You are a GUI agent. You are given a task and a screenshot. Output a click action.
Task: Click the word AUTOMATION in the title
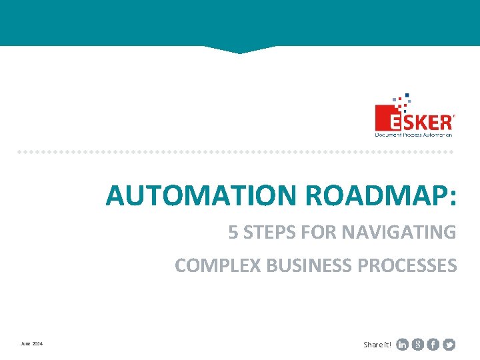click(202, 195)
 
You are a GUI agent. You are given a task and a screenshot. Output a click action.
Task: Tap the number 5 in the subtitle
click(233, 233)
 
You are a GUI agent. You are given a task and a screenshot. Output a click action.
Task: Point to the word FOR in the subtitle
click(319, 233)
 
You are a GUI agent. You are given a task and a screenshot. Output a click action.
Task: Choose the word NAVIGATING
click(399, 233)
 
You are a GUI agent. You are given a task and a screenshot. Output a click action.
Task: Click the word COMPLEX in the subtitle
click(218, 265)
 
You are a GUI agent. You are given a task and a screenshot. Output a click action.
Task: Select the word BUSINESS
click(310, 265)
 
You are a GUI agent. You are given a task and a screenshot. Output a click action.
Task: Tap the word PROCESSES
click(408, 265)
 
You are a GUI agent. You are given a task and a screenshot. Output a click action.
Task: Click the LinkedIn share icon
click(403, 345)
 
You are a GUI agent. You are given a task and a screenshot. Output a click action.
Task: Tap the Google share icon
click(418, 345)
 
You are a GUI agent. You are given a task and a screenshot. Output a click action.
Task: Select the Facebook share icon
click(433, 345)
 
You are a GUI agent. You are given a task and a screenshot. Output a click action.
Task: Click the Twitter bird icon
click(449, 345)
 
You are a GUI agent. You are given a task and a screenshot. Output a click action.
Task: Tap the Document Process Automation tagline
click(413, 134)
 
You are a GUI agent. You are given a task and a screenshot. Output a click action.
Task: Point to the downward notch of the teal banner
click(238, 50)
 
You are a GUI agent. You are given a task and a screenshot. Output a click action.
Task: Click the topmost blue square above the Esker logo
click(407, 95)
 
